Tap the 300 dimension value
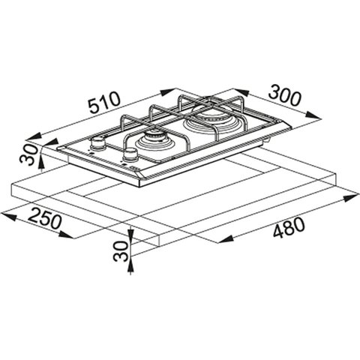[x=284, y=95]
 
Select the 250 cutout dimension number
[x=44, y=218]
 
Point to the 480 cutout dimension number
[x=289, y=227]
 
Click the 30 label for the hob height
[x=29, y=154]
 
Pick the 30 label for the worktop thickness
[x=121, y=251]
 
